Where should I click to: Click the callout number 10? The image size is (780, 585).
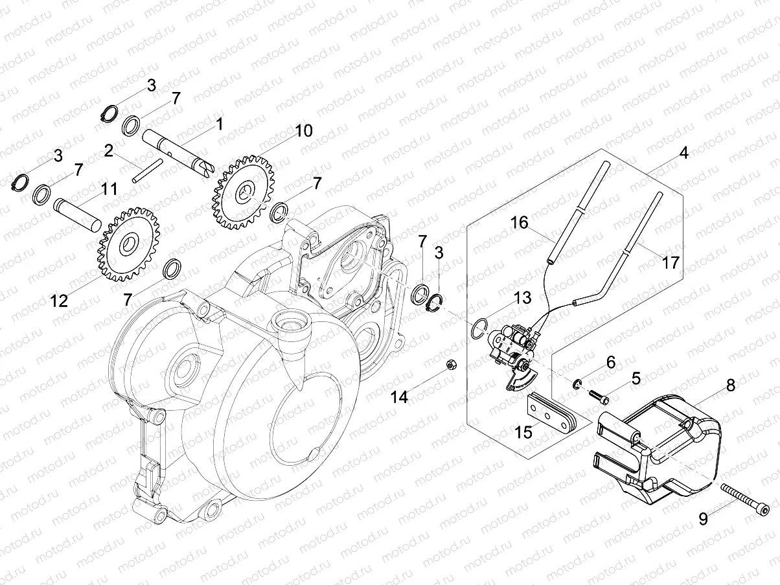pyautogui.click(x=303, y=131)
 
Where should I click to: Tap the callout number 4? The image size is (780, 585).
pyautogui.click(x=683, y=154)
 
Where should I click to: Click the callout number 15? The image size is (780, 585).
pyautogui.click(x=523, y=432)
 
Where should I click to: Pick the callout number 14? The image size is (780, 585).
pyautogui.click(x=399, y=397)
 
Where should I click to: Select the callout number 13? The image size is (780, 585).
pyautogui.click(x=522, y=298)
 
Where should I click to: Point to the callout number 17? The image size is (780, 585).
pyautogui.click(x=670, y=262)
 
